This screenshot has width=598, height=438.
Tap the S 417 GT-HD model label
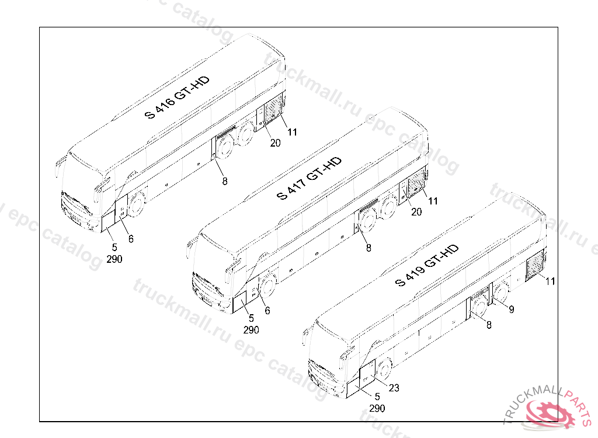pos(310,178)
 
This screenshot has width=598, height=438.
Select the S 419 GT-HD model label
pos(427,266)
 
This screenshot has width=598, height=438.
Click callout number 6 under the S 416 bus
pos(131,239)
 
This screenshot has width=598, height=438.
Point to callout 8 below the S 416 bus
pos(225,181)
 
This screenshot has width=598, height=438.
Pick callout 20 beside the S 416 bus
pos(275,142)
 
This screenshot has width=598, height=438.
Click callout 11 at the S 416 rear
pos(293,132)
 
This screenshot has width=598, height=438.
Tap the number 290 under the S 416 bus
pos(114,259)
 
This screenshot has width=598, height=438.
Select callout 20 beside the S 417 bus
pos(416,212)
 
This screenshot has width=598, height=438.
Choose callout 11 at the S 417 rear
pos(433,201)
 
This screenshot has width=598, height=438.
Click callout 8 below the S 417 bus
pos(368,248)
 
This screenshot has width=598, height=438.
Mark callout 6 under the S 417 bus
pos(267,311)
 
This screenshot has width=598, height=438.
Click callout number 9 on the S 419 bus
pos(511,310)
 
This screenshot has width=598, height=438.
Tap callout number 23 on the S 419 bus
pos(394,387)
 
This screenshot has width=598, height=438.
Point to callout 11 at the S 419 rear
pos(550,281)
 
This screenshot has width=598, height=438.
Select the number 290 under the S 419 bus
pos(377,408)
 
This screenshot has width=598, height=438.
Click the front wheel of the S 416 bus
pos(137,204)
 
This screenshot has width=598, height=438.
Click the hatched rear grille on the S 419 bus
pos(535,267)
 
